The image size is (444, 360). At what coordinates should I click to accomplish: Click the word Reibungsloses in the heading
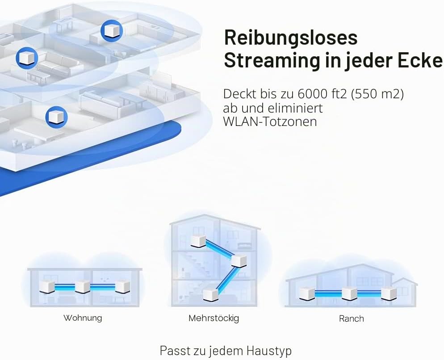[290, 38]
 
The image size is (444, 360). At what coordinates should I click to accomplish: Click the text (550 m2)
[377, 94]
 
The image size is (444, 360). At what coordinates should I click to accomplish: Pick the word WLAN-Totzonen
[270, 121]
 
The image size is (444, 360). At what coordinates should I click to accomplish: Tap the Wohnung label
[83, 318]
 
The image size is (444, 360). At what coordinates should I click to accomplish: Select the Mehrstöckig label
[214, 318]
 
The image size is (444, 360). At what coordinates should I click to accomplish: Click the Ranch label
[352, 318]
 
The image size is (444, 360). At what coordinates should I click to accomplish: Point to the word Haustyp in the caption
[269, 351]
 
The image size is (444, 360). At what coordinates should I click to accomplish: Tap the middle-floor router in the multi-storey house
[239, 260]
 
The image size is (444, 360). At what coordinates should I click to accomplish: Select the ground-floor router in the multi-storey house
[211, 294]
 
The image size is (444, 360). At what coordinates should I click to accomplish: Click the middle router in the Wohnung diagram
[83, 287]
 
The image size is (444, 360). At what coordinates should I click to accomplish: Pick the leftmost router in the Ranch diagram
[307, 293]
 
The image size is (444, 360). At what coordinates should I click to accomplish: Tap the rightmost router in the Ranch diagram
[389, 293]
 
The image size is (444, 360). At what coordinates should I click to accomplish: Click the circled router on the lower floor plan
[56, 117]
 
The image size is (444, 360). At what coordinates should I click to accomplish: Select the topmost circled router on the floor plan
[112, 30]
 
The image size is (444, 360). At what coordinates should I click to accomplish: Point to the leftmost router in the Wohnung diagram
[47, 287]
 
